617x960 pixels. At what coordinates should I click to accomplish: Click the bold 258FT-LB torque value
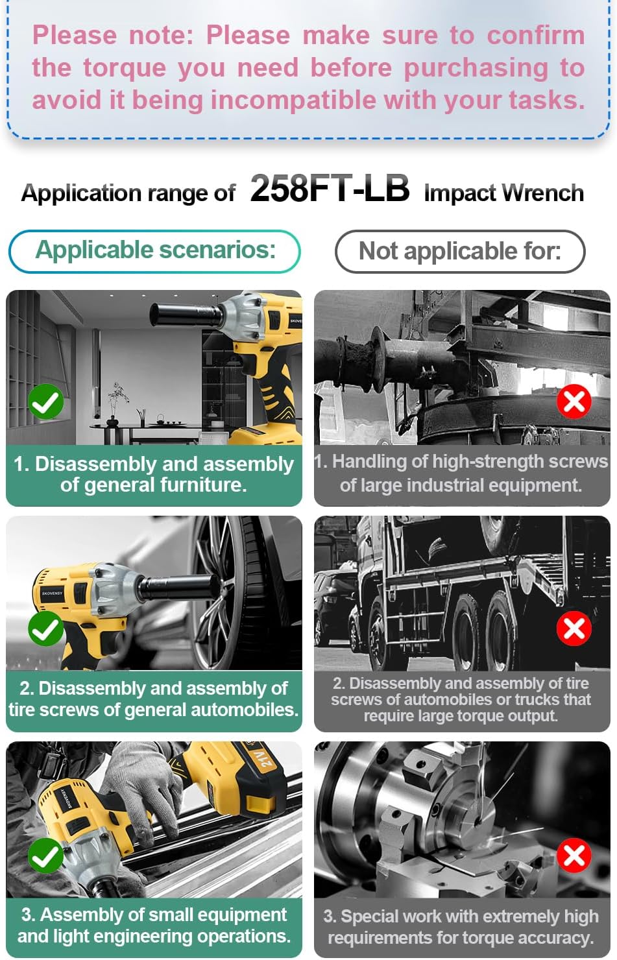(330, 189)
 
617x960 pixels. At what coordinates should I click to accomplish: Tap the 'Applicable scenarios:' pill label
(155, 251)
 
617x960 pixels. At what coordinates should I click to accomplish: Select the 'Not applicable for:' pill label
(460, 251)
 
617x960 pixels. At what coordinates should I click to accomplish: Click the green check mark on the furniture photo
(45, 402)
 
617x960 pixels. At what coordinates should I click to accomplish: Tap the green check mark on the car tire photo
(45, 629)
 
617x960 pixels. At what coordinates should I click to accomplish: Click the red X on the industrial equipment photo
(574, 402)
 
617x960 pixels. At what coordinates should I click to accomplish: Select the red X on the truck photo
(574, 629)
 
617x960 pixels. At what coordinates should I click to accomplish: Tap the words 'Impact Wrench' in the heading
(504, 193)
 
